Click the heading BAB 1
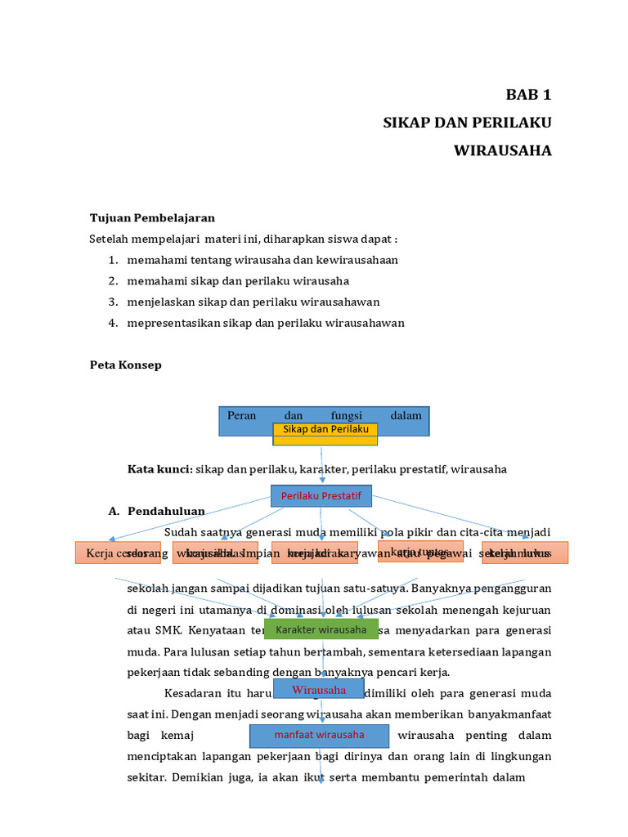(528, 95)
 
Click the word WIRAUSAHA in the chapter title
(503, 150)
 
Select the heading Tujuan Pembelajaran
(152, 217)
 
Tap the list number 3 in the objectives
(113, 302)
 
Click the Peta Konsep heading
(125, 365)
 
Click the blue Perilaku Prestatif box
(321, 495)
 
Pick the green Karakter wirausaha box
(321, 629)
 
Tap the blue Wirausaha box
(319, 690)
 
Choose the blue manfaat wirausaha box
(319, 735)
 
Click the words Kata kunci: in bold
(159, 469)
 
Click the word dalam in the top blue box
(406, 415)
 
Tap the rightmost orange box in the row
(524, 553)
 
